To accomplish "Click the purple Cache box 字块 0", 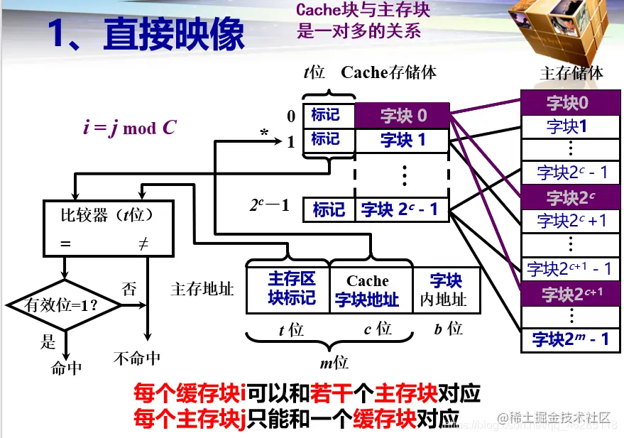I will tap(402, 116).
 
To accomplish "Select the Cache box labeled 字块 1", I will tap(402, 141).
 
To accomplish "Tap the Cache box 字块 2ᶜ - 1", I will tap(402, 209).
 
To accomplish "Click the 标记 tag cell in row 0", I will tap(327, 115).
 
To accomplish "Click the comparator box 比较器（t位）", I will tap(109, 227).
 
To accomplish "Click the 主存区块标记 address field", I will tap(288, 288).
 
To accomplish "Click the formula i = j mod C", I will tap(129, 128).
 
